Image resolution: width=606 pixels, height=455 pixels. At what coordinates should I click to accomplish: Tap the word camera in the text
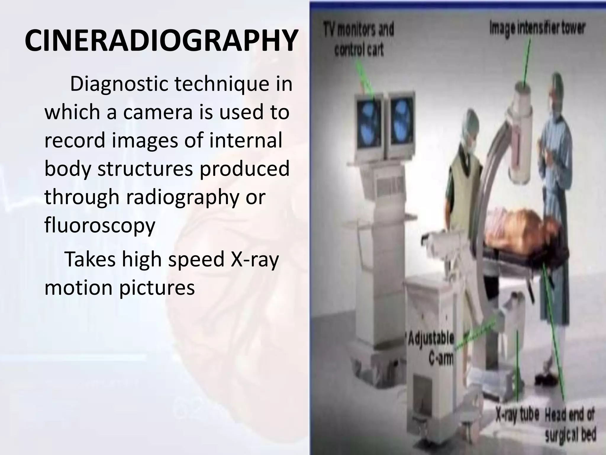[158, 112]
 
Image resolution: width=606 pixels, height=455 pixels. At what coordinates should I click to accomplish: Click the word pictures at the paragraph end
[157, 287]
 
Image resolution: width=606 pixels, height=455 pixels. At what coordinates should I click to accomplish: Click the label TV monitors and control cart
[359, 40]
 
